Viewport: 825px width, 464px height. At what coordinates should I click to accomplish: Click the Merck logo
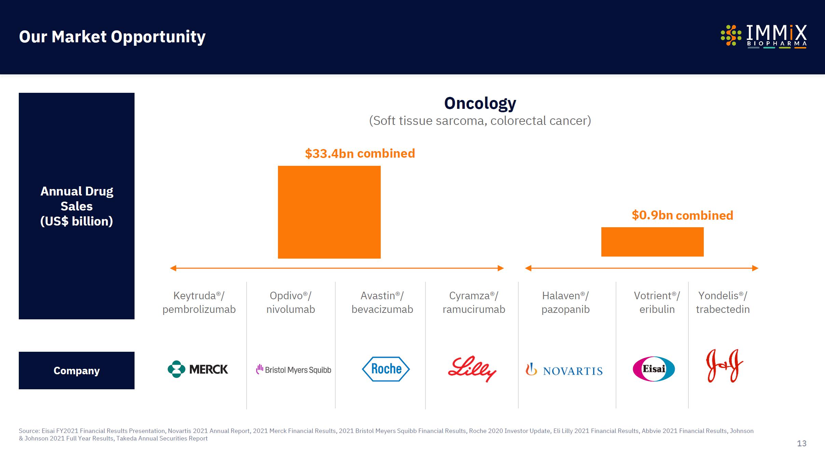point(198,369)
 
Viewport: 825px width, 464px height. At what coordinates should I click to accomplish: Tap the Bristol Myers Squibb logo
point(294,369)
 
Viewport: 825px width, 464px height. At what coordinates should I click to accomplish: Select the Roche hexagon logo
point(386,369)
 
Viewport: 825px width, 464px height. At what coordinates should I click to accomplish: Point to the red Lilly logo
point(472,369)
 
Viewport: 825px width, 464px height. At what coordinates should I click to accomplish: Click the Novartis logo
point(564,371)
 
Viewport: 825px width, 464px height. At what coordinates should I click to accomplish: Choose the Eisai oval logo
point(654,369)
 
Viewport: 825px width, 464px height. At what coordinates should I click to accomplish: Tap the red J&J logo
point(724,366)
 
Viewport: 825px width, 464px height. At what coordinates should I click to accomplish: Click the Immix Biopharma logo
point(764,36)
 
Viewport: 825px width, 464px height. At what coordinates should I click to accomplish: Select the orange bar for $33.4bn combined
point(329,212)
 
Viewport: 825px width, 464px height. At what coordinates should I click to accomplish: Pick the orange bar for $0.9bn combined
point(652,242)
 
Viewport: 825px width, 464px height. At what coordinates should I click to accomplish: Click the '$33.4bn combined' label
point(360,154)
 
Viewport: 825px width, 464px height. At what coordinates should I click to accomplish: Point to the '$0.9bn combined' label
point(682,215)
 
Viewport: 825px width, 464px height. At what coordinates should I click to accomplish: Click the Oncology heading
point(480,103)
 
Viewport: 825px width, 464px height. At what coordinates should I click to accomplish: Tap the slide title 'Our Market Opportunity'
point(112,37)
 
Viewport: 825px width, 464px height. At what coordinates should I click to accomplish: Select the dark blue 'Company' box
point(76,371)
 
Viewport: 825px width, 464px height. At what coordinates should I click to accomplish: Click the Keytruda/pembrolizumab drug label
point(199,302)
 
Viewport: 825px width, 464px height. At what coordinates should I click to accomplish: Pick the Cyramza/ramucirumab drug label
point(474,302)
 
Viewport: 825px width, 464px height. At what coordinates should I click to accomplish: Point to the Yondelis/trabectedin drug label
point(723,302)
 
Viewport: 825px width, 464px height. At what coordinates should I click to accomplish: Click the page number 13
point(801,443)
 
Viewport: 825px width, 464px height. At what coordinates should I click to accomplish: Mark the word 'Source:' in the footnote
point(29,431)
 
